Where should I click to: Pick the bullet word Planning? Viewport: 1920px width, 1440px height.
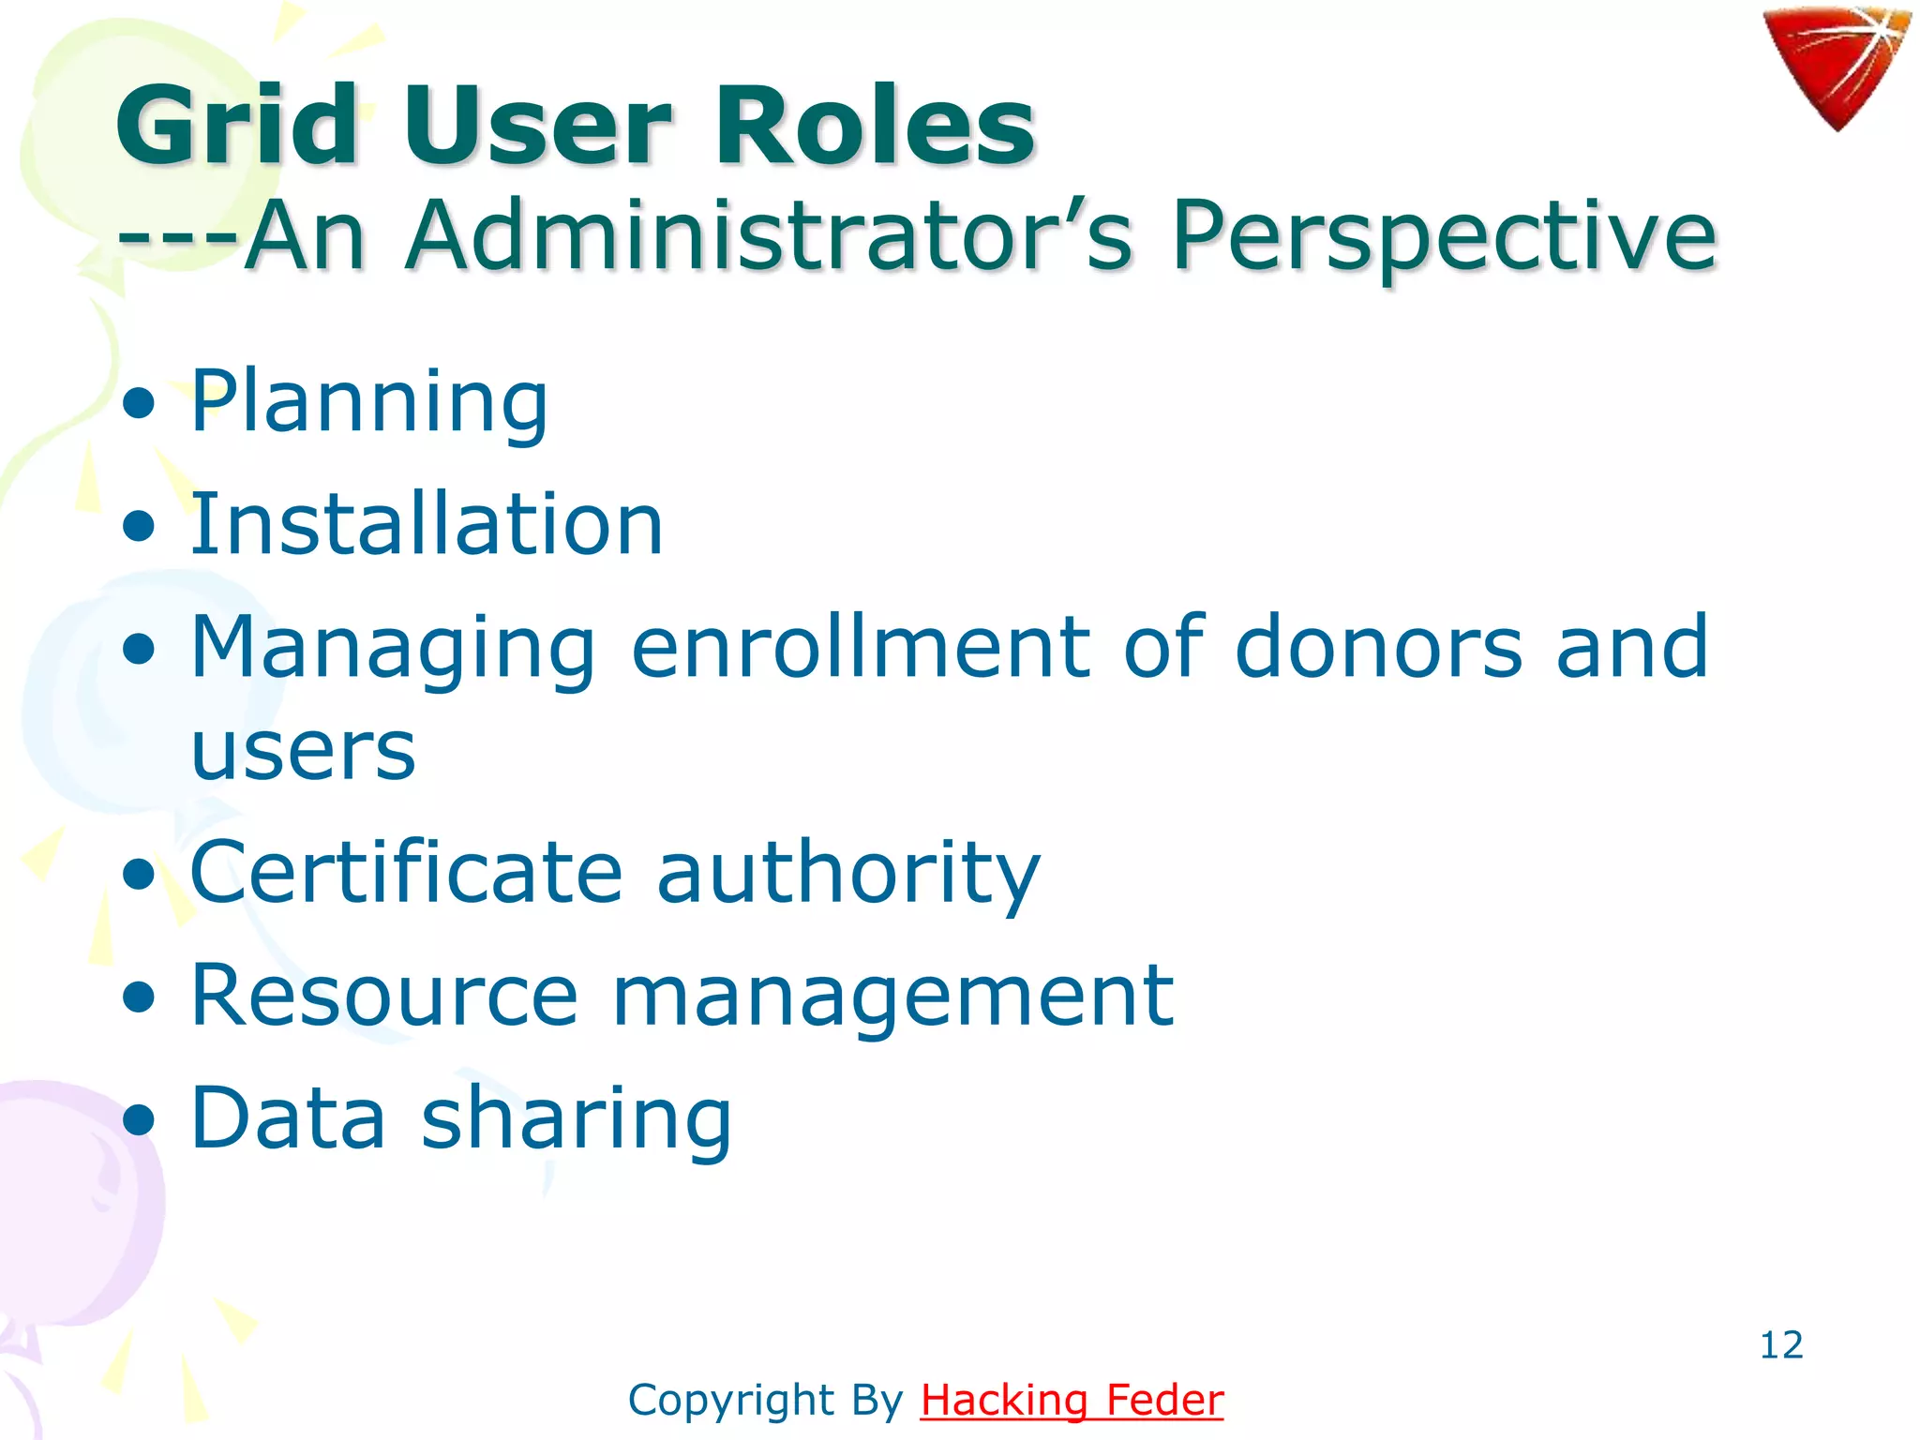click(369, 402)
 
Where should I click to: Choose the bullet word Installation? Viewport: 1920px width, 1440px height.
click(427, 525)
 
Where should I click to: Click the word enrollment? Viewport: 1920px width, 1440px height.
click(861, 647)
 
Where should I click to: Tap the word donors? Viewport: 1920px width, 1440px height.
click(1378, 647)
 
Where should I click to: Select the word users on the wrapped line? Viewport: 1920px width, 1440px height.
click(303, 752)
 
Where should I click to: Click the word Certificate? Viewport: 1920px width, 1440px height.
click(406, 873)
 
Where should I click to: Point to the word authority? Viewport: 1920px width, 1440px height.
click(848, 873)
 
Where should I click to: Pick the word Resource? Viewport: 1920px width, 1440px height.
click(384, 996)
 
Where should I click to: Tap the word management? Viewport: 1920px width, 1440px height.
click(892, 996)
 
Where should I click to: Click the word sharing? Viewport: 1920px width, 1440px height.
click(576, 1118)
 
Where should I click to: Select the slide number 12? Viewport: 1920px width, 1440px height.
click(1781, 1345)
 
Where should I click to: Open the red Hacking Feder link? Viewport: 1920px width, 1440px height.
click(1072, 1401)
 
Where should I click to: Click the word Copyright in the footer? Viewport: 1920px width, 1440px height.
click(731, 1401)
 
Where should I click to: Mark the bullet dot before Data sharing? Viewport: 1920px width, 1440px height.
click(139, 1118)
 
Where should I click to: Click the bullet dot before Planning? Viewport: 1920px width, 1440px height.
click(139, 404)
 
